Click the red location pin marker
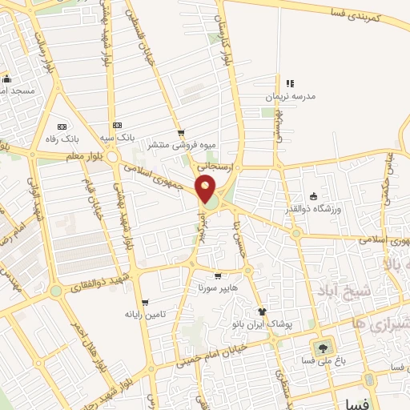coord(206,190)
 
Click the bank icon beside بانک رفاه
coord(62,126)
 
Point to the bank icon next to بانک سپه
coord(117,126)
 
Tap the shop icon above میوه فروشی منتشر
coord(181,133)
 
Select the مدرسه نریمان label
coord(291,96)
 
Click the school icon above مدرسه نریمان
coord(290,83)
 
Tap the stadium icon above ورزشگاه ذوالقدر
coord(312,197)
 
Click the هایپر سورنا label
coord(210,286)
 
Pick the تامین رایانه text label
coord(145,315)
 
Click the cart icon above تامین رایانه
coord(145,303)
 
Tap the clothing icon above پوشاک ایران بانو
coord(261,312)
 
